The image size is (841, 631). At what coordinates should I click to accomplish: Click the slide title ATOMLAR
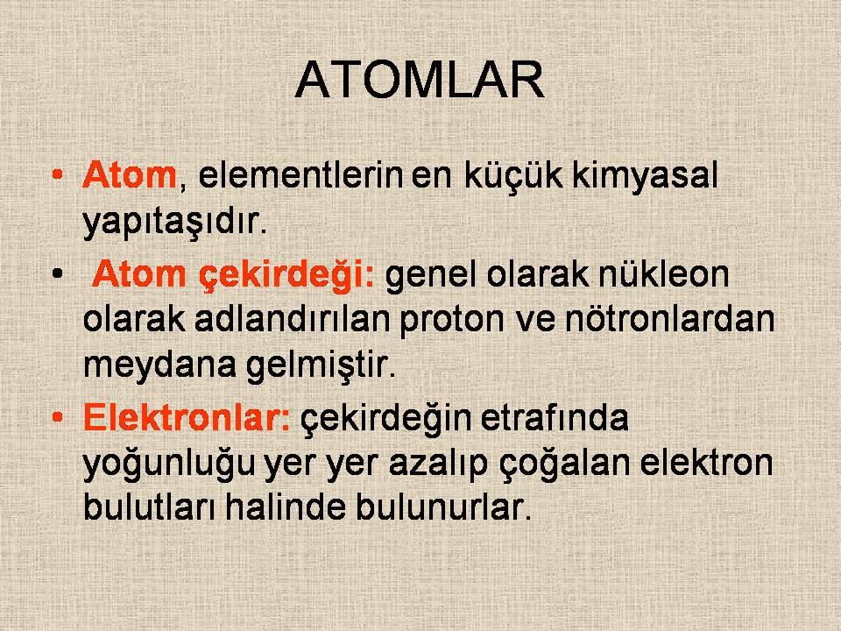coord(420,80)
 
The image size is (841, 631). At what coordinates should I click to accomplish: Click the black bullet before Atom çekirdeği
coord(58,274)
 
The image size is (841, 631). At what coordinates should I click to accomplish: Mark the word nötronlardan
coord(670,319)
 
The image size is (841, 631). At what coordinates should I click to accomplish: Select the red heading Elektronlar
coord(187,417)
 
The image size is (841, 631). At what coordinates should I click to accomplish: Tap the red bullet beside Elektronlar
coord(58,417)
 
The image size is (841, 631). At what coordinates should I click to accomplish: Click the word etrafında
coord(554,417)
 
